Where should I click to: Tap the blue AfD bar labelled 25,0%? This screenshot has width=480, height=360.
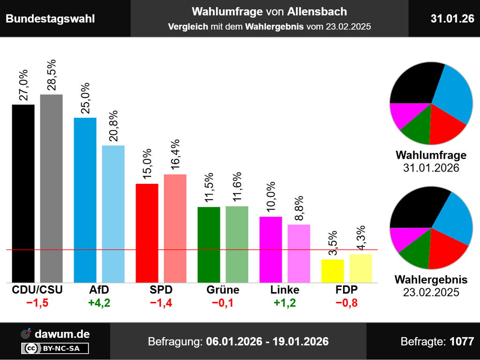tap(85, 200)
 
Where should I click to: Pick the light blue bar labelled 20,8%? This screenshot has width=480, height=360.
tap(113, 214)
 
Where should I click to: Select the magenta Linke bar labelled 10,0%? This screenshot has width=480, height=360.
tap(270, 249)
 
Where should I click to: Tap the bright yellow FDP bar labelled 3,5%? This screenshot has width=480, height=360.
tap(332, 271)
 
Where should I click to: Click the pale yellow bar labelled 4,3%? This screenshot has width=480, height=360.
tap(360, 268)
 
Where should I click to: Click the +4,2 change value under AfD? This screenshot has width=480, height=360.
tap(99, 303)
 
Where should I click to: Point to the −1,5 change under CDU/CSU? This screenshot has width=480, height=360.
tap(37, 303)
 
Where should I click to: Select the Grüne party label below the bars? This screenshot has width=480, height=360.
tap(223, 290)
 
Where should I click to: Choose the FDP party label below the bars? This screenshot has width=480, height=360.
tap(346, 290)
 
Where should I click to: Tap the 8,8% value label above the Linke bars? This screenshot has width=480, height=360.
tap(299, 206)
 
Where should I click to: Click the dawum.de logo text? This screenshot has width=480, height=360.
tap(62, 334)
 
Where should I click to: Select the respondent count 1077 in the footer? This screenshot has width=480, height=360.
tap(462, 341)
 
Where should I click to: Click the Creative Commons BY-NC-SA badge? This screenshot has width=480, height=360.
tap(55, 348)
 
